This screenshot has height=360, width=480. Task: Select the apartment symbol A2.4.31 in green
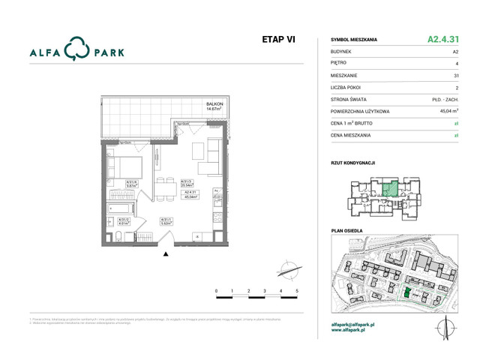442,39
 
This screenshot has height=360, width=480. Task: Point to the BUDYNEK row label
342,52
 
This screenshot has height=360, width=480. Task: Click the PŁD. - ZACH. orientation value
445,98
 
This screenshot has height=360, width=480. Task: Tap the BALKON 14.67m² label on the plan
216,106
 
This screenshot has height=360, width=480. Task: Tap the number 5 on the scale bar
298,290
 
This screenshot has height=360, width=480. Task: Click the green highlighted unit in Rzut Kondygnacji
388,190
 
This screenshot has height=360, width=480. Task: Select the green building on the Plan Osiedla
407,295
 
